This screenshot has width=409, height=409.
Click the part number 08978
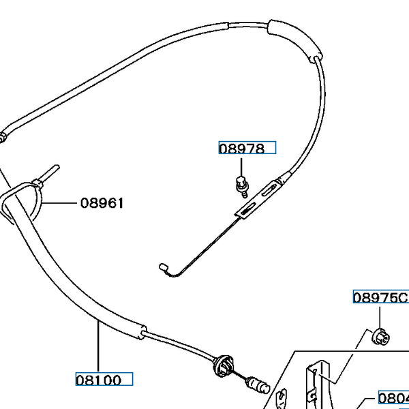coord(241,149)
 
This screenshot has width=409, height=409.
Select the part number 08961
coord(102,202)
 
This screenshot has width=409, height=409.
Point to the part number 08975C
coord(380,298)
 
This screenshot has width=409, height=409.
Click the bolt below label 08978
coord(241,184)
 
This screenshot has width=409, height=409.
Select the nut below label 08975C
coord(380,335)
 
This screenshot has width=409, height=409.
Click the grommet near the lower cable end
coord(222,365)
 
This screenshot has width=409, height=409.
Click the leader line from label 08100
coord(98,348)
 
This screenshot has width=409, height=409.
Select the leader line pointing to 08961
coord(61,202)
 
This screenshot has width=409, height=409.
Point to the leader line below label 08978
coord(241,166)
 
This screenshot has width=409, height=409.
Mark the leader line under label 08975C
coord(380,315)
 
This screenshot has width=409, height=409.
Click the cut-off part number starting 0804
coord(393,398)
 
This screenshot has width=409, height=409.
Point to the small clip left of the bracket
coord(281,397)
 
